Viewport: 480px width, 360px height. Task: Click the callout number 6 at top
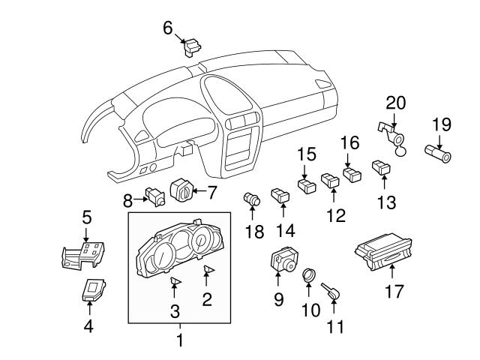[x=168, y=28]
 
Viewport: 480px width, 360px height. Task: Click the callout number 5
[x=87, y=218]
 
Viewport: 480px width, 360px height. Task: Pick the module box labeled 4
[x=93, y=290]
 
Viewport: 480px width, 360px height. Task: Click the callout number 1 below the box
[x=179, y=341]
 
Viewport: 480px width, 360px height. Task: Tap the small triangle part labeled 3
[x=175, y=281]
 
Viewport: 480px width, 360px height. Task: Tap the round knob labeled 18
[x=253, y=199]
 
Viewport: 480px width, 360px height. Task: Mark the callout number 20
[x=396, y=102]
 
